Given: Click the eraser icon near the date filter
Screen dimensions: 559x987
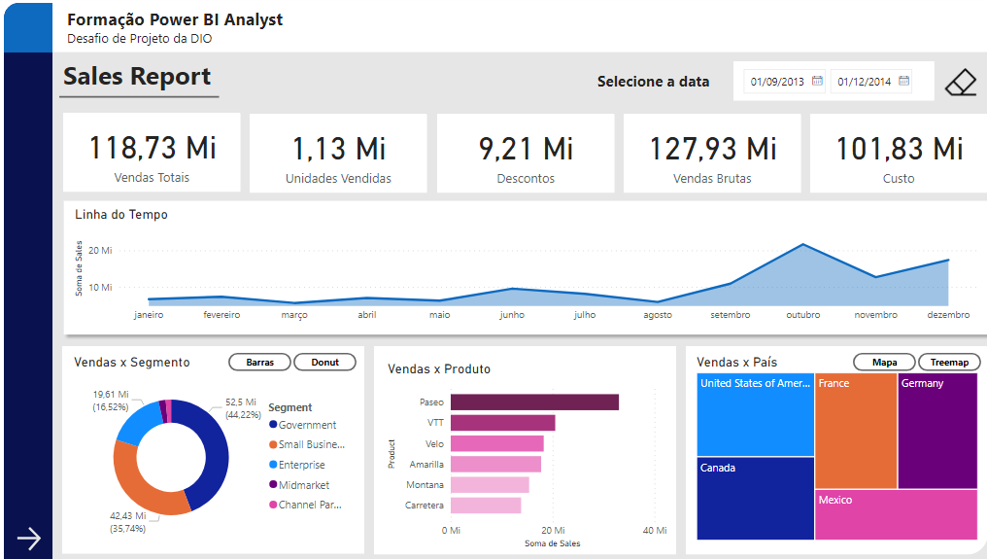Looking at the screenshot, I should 960,83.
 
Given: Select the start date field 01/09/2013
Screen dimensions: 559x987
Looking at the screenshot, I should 777,82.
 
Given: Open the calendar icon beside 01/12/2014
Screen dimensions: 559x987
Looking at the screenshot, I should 904,82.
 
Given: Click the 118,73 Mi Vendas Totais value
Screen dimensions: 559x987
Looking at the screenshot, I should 153,148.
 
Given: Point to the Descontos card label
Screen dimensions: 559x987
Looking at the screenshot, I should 526,179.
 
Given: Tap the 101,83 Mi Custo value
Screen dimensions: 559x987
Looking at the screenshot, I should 899,148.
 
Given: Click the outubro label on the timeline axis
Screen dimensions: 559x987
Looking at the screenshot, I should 802,315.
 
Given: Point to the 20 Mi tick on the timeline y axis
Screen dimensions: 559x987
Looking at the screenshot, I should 100,250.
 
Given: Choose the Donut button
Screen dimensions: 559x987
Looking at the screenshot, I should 324,363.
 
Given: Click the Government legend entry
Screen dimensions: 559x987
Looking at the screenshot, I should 307,425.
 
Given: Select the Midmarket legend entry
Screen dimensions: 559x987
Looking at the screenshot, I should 303,484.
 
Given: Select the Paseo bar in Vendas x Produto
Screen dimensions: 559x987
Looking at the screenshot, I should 534,402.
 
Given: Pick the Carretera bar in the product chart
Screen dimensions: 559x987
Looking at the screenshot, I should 486,506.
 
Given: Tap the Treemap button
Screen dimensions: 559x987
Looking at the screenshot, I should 949,363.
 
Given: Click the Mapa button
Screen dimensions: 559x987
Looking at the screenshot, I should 884,363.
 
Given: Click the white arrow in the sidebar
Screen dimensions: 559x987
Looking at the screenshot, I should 29,539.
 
